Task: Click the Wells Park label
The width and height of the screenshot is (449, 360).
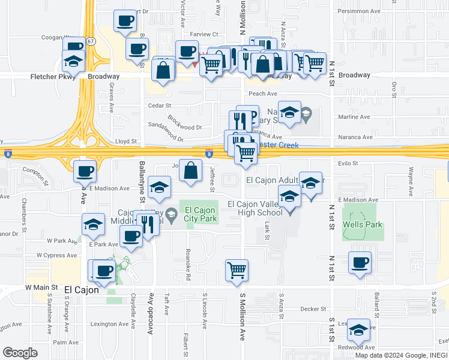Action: pyautogui.click(x=359, y=225)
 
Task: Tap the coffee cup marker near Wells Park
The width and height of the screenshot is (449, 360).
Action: pyautogui.click(x=360, y=262)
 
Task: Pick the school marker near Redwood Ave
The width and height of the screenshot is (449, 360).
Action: pyautogui.click(x=359, y=329)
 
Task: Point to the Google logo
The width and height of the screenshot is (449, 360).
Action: pyautogui.click(x=20, y=352)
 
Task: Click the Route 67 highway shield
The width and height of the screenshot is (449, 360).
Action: pyautogui.click(x=90, y=41)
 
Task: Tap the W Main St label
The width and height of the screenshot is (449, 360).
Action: pyautogui.click(x=41, y=289)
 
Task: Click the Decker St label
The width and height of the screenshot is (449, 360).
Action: pyautogui.click(x=313, y=309)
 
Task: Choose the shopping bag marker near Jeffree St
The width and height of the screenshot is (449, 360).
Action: pyautogui.click(x=190, y=170)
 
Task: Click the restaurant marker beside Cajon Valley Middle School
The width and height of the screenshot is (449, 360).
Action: pyautogui.click(x=148, y=224)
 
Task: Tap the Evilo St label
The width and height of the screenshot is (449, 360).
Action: pyautogui.click(x=348, y=163)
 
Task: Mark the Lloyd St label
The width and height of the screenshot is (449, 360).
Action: pyautogui.click(x=126, y=142)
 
